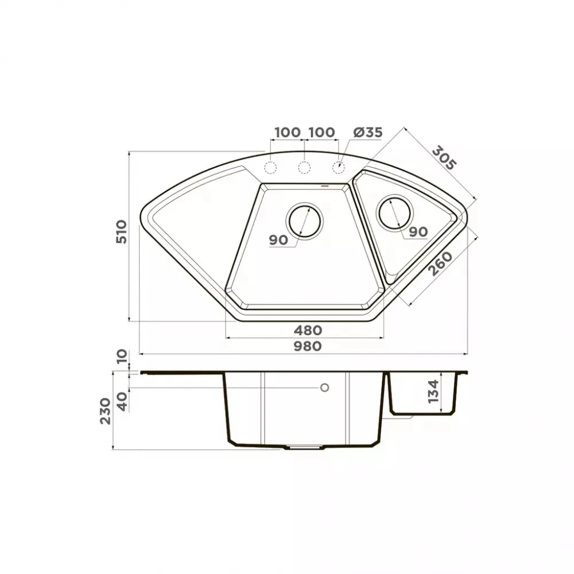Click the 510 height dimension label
coord(121,232)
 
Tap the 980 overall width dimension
coord(308,346)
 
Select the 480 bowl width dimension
coord(308,330)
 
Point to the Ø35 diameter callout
coord(368,132)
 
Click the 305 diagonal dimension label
coord(444,158)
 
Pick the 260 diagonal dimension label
coord(441,263)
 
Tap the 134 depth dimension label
coord(433,391)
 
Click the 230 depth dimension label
coord(106,411)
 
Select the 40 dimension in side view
coord(122,401)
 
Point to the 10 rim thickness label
coord(122,356)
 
